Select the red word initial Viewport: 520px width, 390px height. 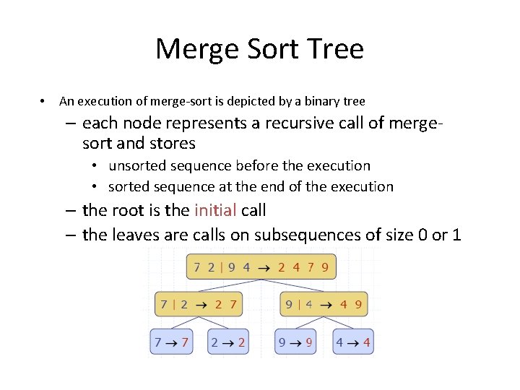215,211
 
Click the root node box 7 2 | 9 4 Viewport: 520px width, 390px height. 261,266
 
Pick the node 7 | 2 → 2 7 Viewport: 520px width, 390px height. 199,304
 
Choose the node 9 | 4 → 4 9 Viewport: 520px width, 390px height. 323,304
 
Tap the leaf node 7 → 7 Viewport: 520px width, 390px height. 171,342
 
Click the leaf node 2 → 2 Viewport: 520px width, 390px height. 227,342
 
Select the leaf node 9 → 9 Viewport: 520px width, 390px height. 295,342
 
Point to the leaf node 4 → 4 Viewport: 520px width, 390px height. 353,342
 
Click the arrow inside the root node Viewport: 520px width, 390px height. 264,267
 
